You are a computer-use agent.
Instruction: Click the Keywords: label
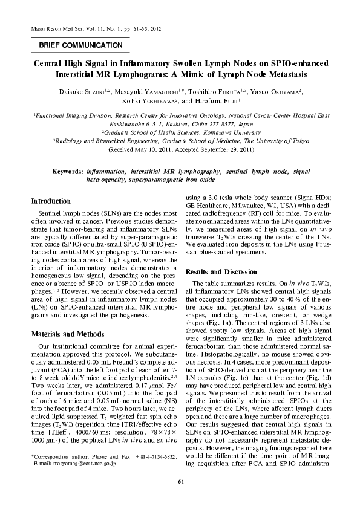pos(67,172)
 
